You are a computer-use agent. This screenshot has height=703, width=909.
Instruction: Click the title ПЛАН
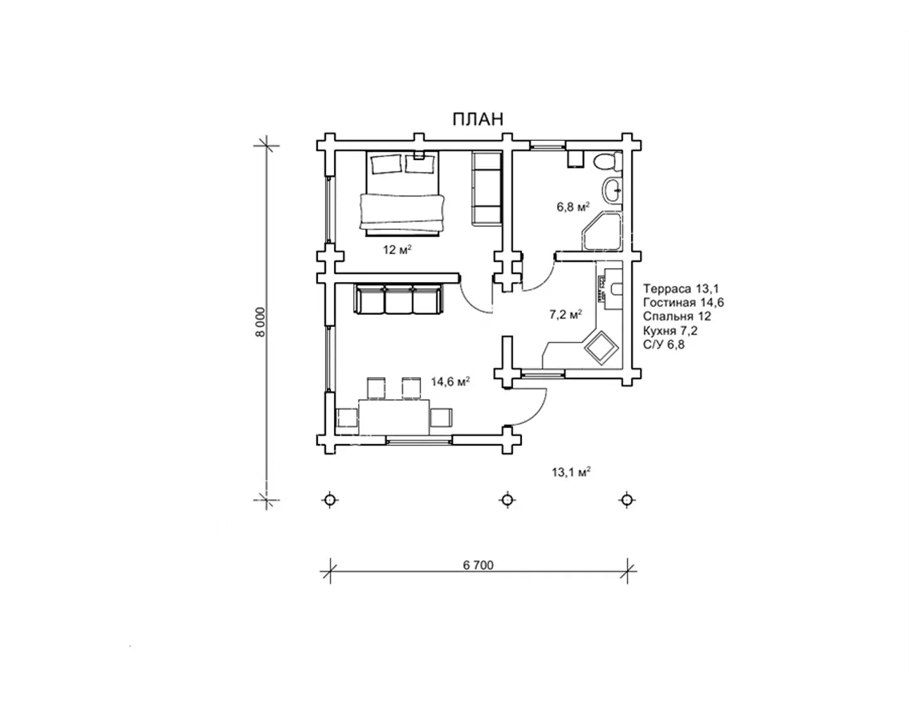[478, 119]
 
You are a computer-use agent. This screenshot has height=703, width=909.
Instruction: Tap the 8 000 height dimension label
[260, 322]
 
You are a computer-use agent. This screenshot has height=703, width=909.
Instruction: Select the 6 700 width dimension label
[478, 565]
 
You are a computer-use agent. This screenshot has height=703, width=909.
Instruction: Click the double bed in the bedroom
[402, 194]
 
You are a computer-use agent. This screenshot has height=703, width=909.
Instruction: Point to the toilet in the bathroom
[608, 161]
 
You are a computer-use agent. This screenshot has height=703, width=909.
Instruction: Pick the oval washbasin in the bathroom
[613, 190]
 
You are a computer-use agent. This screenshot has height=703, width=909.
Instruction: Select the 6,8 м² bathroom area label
[573, 206]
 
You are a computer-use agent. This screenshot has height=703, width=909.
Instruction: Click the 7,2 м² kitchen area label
[566, 314]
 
